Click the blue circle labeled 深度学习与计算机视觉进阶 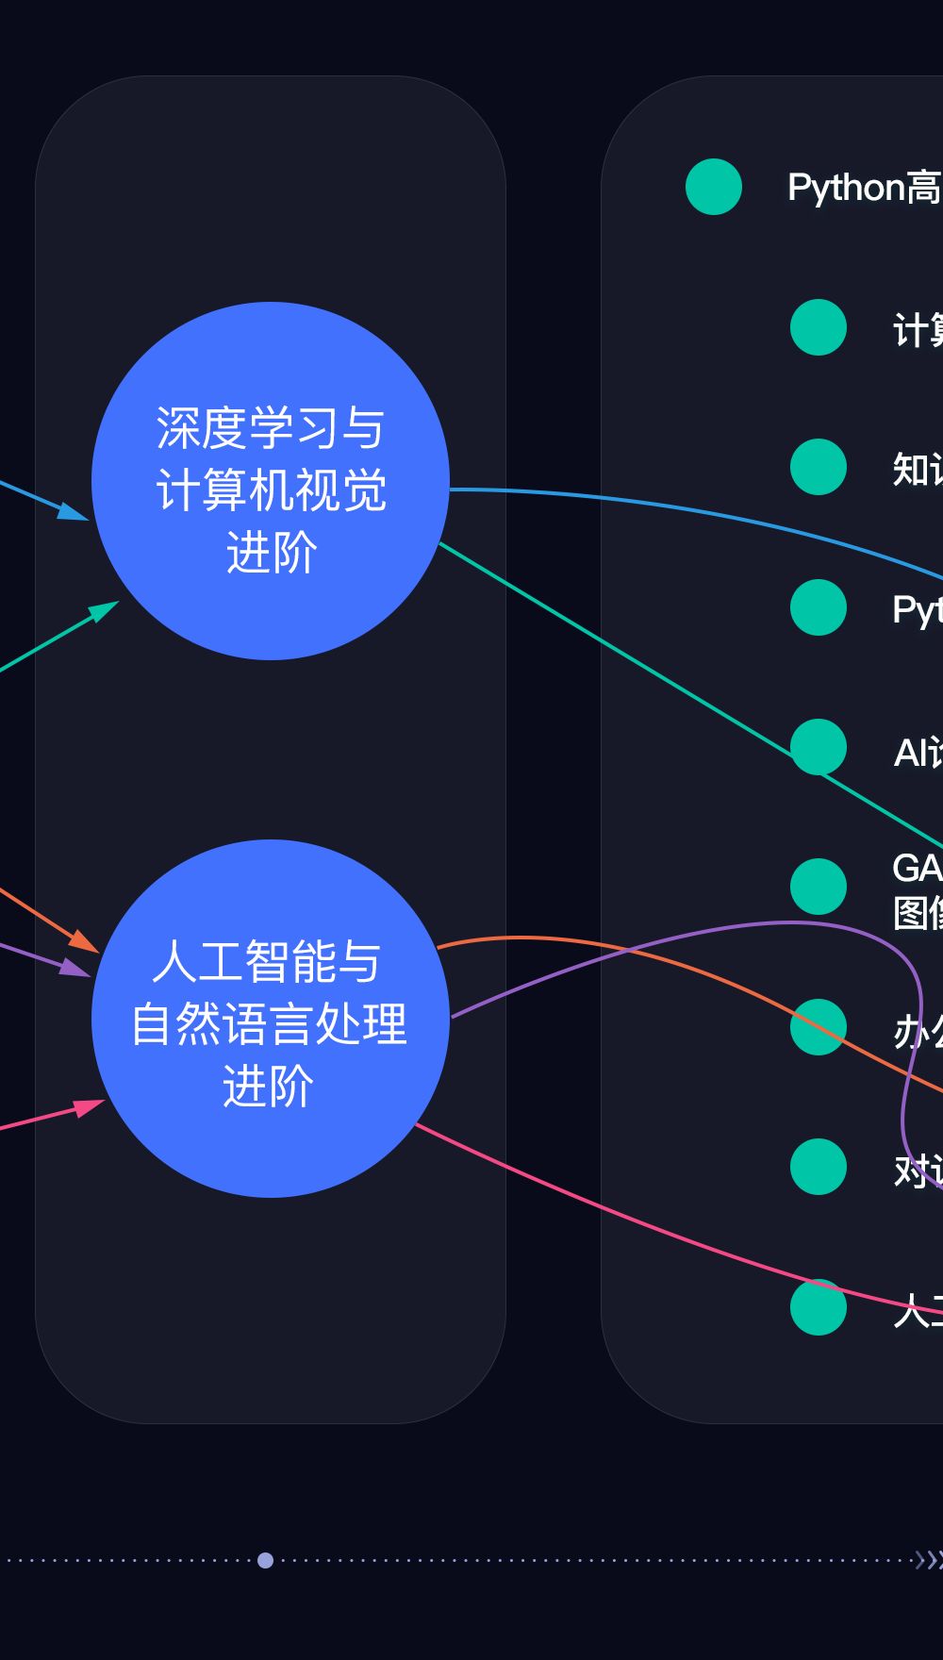pos(271,481)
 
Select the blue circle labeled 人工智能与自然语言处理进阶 pos(271,1019)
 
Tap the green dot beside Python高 pos(714,187)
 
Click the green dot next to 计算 pos(819,327)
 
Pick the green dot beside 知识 pos(819,467)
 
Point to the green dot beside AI pos(819,747)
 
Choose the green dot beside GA pos(819,887)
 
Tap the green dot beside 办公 pos(819,1027)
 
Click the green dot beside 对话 pos(819,1167)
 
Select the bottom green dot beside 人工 pos(819,1307)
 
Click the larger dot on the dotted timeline pos(266,1560)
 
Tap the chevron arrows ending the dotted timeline pos(928,1560)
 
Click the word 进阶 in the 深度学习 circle pos(271,553)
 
